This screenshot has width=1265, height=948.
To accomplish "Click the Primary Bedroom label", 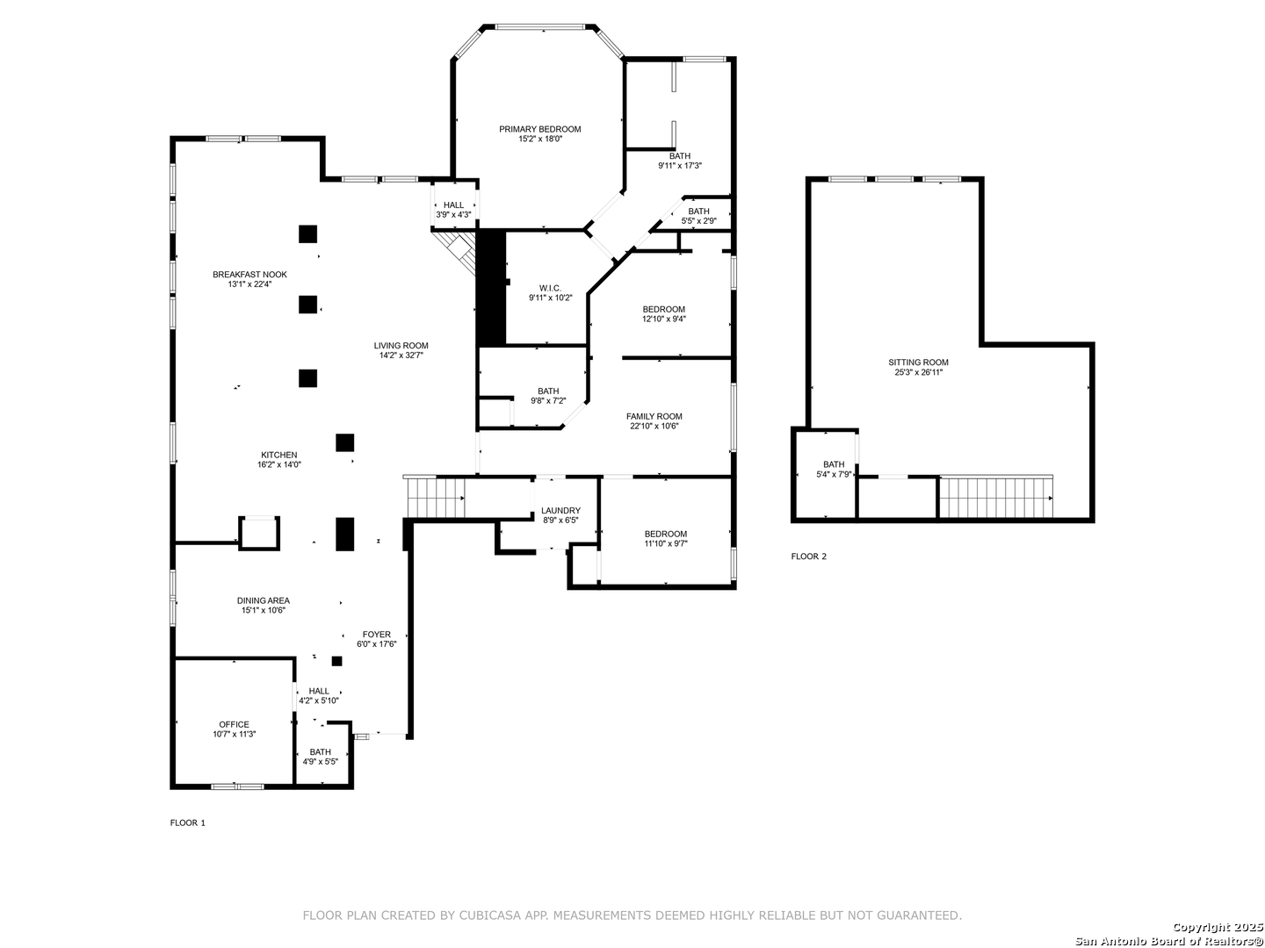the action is [539, 130].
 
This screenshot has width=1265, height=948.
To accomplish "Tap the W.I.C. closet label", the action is [550, 289].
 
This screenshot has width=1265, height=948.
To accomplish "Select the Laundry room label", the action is [560, 511].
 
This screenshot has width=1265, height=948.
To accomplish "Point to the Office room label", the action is [234, 725].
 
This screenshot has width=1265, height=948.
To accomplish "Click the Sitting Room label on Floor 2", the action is [918, 363].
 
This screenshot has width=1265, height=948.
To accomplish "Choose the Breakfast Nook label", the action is [249, 275].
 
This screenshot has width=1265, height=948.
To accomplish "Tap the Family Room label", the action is [654, 416].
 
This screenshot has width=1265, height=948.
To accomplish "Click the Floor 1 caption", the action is [187, 822].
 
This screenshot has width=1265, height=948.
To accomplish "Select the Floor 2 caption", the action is [808, 556].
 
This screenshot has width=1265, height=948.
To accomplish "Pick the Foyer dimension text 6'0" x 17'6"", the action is [376, 644].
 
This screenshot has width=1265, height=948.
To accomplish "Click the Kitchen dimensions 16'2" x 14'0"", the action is [279, 464].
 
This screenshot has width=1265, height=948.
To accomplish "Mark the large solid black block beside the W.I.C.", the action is [490, 287].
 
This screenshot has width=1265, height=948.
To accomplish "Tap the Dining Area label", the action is [264, 600].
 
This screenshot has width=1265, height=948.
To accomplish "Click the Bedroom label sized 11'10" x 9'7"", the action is [666, 534].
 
